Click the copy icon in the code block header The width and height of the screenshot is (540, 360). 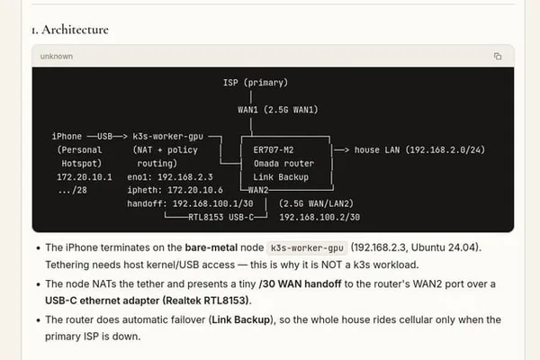(x=498, y=56)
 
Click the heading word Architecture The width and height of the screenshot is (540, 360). (x=75, y=30)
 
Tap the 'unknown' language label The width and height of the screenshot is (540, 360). (x=57, y=56)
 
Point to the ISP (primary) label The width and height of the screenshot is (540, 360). (x=256, y=83)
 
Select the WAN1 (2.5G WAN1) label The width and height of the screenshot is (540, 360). (x=277, y=110)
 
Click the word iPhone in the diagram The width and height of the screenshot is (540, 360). (x=67, y=136)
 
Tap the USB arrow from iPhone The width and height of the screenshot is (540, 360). (x=107, y=137)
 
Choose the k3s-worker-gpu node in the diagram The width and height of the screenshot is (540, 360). (x=167, y=137)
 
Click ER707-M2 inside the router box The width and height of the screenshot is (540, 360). (x=274, y=150)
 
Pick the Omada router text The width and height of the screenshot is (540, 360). (x=283, y=163)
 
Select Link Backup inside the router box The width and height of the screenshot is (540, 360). (x=281, y=177)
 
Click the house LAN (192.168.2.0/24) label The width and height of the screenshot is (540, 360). (x=419, y=150)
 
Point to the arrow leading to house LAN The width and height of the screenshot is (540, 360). (x=341, y=150)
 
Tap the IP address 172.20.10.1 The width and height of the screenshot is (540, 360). (x=85, y=177)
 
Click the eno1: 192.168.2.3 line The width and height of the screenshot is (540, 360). (x=170, y=177)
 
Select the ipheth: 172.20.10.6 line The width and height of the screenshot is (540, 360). (x=175, y=190)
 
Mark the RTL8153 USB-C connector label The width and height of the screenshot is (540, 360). (x=220, y=218)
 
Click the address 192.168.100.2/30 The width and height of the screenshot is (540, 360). (x=319, y=218)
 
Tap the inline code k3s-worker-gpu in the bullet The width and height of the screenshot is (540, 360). (x=307, y=248)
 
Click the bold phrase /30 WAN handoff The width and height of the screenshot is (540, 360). (x=300, y=283)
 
